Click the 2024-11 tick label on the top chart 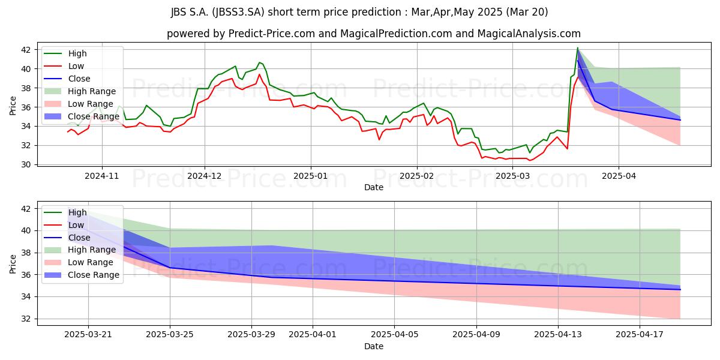tap(102, 176)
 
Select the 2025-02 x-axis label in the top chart tap(417, 176)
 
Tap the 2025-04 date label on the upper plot tap(619, 176)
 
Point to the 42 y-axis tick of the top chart tap(26, 50)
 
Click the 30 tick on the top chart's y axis tap(26, 164)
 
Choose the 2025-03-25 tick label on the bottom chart tap(170, 335)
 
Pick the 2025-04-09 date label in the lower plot tap(476, 335)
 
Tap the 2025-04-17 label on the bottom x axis tap(640, 335)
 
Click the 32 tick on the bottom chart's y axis tap(26, 319)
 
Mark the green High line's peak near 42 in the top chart tap(578, 48)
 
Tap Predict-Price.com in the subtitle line tap(272, 34)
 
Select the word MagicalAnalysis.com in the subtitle tap(529, 34)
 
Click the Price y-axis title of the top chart tap(13, 106)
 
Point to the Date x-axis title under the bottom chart tap(373, 346)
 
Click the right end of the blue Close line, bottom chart tap(680, 290)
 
